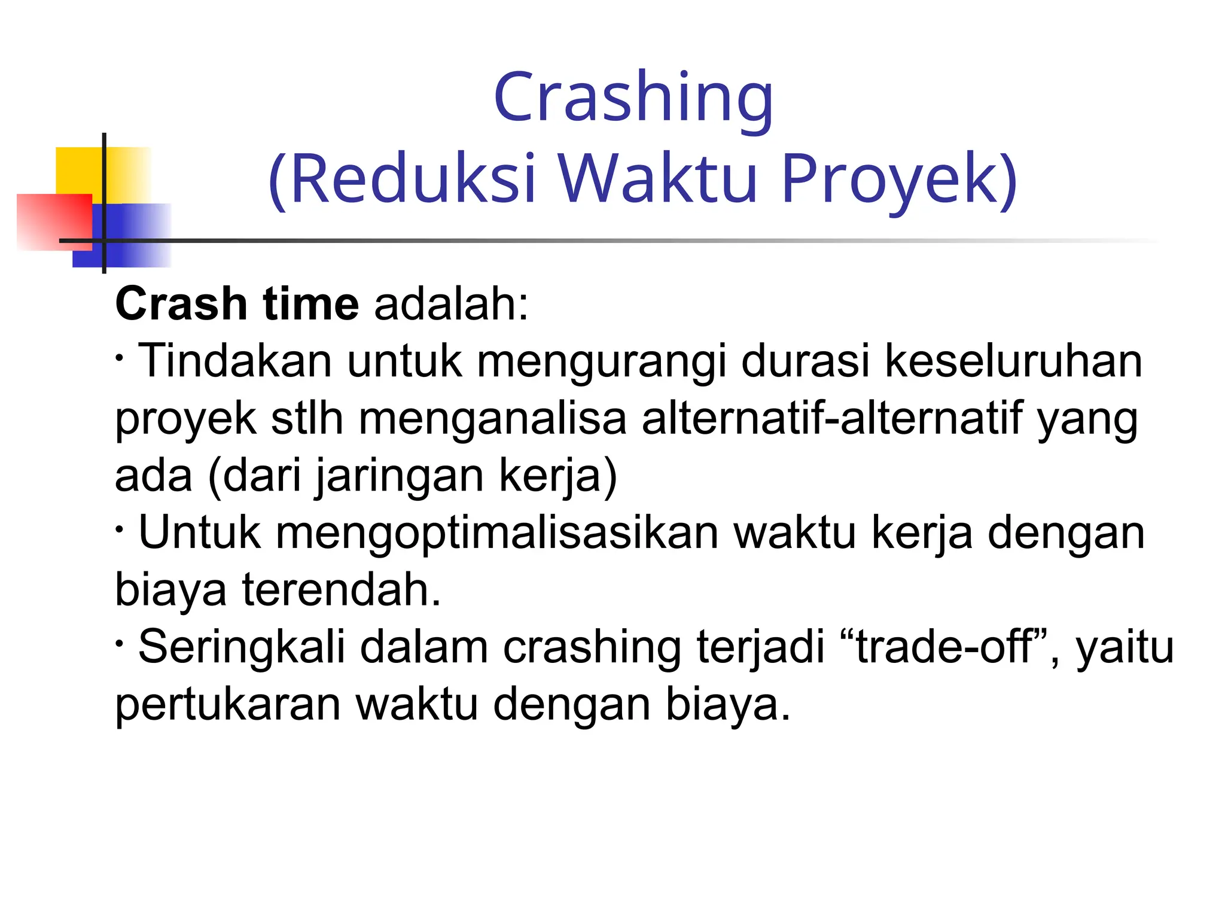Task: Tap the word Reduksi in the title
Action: (x=413, y=178)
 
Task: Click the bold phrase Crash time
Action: (x=237, y=304)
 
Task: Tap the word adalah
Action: (x=450, y=304)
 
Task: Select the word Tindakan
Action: (x=234, y=361)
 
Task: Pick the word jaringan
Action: (x=399, y=476)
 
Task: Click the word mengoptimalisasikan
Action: (x=496, y=533)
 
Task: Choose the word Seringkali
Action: (x=242, y=647)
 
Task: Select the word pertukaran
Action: (x=227, y=705)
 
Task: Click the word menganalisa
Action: (x=492, y=419)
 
